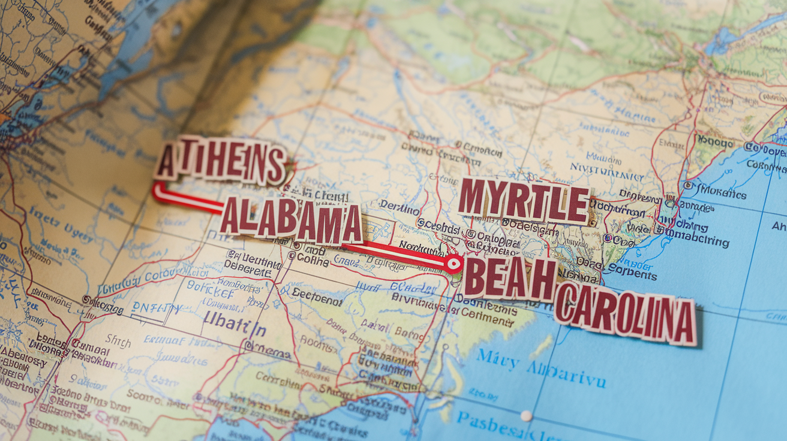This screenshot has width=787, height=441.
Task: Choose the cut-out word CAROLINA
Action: (x=626, y=313)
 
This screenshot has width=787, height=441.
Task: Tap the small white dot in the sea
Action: (x=526, y=415)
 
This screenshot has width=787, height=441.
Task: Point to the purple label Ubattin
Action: (x=235, y=329)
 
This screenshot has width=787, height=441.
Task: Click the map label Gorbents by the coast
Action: (x=632, y=274)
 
